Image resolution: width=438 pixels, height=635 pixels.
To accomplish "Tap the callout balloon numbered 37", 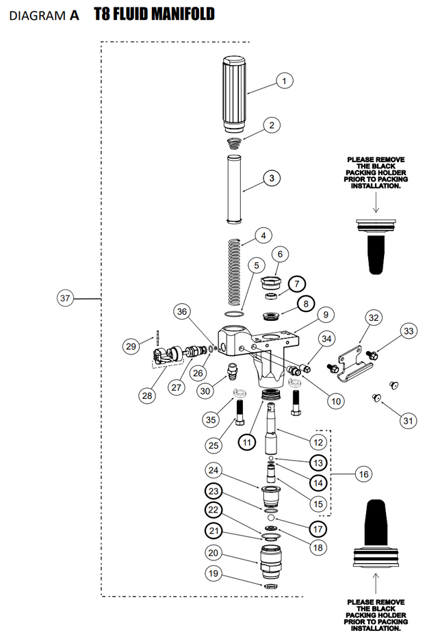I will pyautogui.click(x=66, y=298).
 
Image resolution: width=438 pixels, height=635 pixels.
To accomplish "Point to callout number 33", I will pyautogui.click(x=409, y=331).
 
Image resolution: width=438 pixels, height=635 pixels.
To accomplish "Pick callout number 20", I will pyautogui.click(x=212, y=553).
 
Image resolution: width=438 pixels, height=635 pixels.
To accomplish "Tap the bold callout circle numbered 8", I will pyautogui.click(x=304, y=302).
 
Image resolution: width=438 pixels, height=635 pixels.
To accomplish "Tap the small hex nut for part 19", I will pyautogui.click(x=271, y=586).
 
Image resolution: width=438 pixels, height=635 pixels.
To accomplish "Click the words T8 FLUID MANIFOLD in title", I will pyautogui.click(x=158, y=14).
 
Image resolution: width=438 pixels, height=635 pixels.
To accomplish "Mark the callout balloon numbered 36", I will pyautogui.click(x=181, y=311).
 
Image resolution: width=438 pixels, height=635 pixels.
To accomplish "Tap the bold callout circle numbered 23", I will pyautogui.click(x=214, y=491).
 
